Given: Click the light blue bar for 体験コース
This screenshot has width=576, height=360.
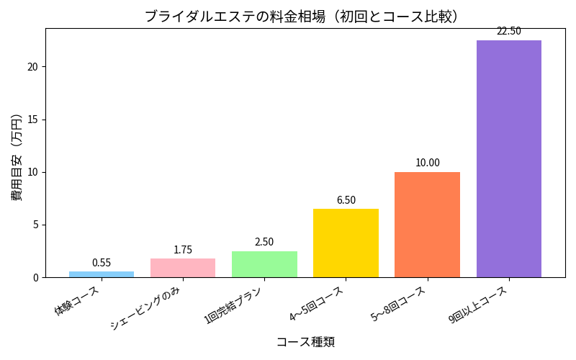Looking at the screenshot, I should pyautogui.click(x=102, y=274).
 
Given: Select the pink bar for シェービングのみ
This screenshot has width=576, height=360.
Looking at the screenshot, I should pyautogui.click(x=183, y=268).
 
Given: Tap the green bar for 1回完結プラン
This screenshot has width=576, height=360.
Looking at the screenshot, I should pyautogui.click(x=264, y=264).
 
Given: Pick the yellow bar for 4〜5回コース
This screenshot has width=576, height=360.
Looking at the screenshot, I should pyautogui.click(x=346, y=243).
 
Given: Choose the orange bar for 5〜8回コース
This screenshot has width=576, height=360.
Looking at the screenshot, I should pyautogui.click(x=427, y=225).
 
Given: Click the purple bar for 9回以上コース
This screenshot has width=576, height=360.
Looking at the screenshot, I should pyautogui.click(x=508, y=158).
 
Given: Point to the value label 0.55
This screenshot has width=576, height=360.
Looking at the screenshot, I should pyautogui.click(x=102, y=263).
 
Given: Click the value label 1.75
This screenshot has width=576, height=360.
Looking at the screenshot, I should pyautogui.click(x=183, y=250).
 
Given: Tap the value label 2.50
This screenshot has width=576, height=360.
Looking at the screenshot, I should pyautogui.click(x=264, y=242).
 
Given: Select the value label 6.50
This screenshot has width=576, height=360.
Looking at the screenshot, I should pyautogui.click(x=346, y=200).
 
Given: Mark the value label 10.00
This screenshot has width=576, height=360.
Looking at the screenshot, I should pyautogui.click(x=427, y=163).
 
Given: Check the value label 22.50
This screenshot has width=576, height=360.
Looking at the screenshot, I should pyautogui.click(x=508, y=31).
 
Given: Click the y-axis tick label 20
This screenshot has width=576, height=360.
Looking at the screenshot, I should pyautogui.click(x=33, y=67).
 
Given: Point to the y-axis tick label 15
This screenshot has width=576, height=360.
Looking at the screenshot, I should pyautogui.click(x=33, y=120).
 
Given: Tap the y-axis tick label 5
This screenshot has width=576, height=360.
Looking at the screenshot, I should pyautogui.click(x=36, y=225).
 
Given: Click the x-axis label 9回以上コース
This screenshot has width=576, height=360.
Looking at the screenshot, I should pyautogui.click(x=479, y=305).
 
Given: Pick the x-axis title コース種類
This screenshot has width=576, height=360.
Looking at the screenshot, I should pyautogui.click(x=305, y=342).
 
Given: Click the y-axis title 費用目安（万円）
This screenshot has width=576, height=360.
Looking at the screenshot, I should pyautogui.click(x=17, y=153).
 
